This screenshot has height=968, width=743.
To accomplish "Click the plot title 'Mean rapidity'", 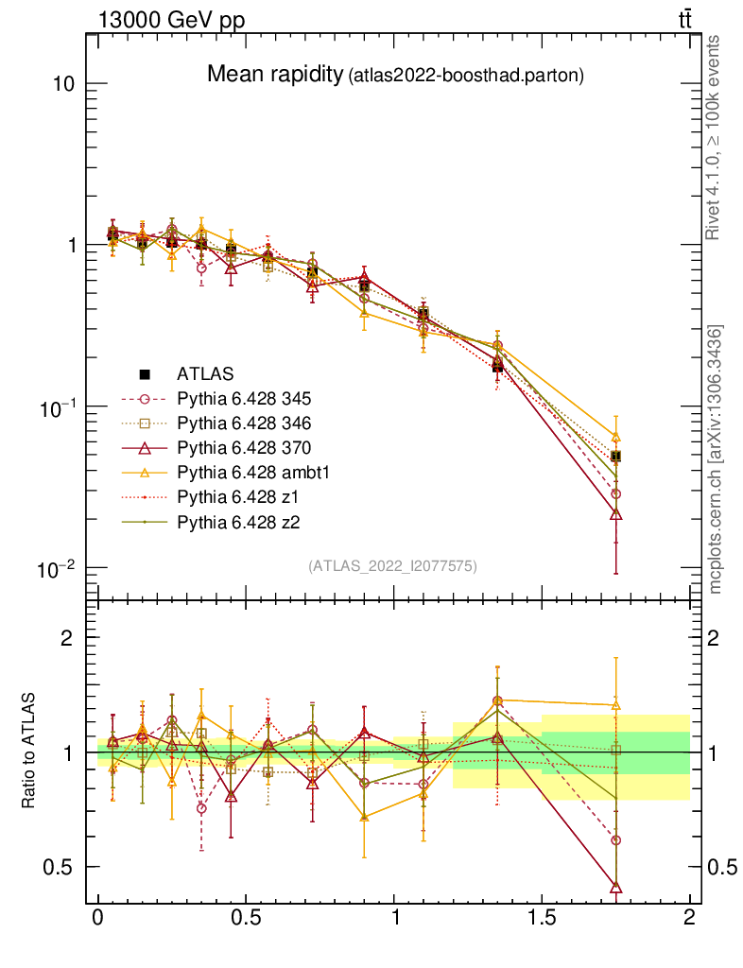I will pyautogui.click(x=274, y=74).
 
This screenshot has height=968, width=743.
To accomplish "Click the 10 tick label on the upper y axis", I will pyautogui.click(x=64, y=83).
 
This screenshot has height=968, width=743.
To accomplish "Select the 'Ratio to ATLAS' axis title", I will pyautogui.click(x=29, y=752).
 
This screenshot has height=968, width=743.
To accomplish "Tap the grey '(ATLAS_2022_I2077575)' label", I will pyautogui.click(x=392, y=566).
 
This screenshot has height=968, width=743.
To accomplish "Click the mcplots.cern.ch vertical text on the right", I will pyautogui.click(x=716, y=459).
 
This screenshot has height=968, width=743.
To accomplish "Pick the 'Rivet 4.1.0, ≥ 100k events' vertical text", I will pyautogui.click(x=716, y=137).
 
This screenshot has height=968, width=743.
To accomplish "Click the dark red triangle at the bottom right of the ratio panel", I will pyautogui.click(x=616, y=888).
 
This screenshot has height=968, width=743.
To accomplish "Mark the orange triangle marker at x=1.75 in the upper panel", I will pyautogui.click(x=616, y=438).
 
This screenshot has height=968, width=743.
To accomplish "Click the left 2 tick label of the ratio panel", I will pyautogui.click(x=67, y=637).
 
